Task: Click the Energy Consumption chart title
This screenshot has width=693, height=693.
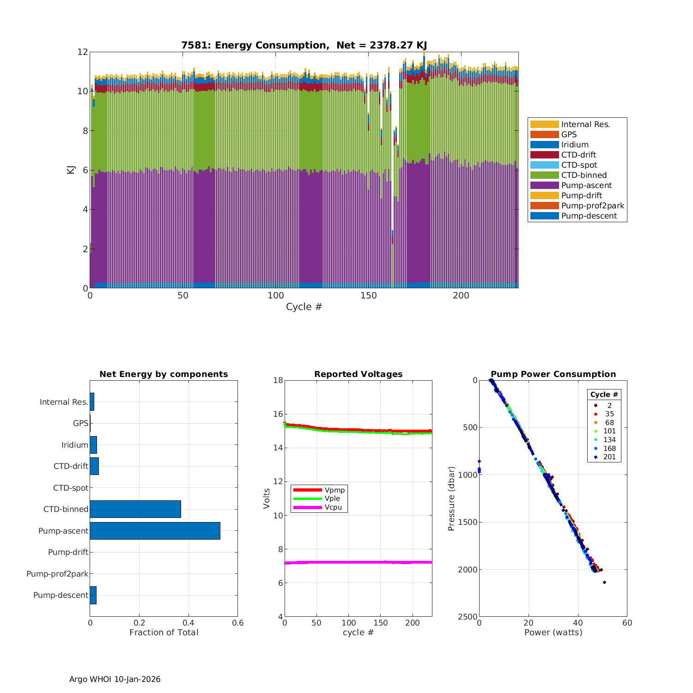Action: click(x=304, y=45)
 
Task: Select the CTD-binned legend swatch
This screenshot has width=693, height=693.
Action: click(x=544, y=175)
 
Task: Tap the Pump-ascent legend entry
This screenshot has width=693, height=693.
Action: click(x=586, y=185)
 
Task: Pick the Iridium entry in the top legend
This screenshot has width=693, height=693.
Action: click(x=575, y=145)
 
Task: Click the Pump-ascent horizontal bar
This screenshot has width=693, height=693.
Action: click(x=155, y=531)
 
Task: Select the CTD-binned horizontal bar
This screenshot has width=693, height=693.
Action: click(x=135, y=509)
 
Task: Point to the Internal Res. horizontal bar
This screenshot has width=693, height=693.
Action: click(x=92, y=402)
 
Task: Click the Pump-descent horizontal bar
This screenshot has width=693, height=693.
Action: click(x=93, y=595)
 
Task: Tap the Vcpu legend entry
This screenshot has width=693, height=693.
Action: click(x=333, y=507)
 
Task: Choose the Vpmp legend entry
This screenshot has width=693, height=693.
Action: click(x=334, y=490)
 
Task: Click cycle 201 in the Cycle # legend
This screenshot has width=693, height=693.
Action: click(x=609, y=457)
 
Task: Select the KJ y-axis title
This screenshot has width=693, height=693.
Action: click(x=71, y=170)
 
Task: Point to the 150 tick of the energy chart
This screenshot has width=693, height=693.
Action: click(x=369, y=296)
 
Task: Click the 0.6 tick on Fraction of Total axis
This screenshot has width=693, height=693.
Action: click(x=237, y=623)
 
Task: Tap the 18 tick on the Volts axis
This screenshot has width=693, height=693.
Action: click(x=278, y=380)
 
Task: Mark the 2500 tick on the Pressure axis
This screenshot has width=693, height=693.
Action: click(x=468, y=617)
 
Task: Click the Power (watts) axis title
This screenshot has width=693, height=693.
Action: click(x=553, y=632)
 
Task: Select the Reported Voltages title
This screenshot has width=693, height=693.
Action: click(x=358, y=374)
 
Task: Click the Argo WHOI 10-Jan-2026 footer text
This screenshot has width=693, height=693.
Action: click(x=115, y=679)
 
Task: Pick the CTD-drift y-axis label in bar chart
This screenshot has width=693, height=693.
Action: click(x=71, y=466)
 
